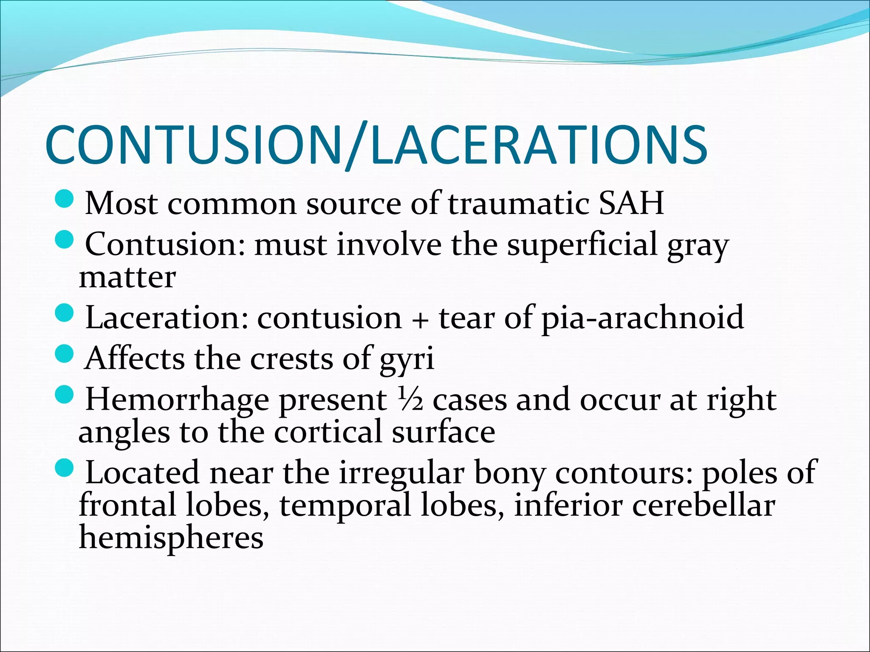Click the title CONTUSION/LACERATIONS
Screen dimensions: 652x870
click(x=376, y=145)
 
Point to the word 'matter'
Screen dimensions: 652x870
click(x=127, y=278)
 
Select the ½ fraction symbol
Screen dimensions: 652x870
click(x=410, y=399)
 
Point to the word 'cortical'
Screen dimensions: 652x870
click(x=328, y=432)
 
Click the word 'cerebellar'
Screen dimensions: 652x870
click(x=703, y=506)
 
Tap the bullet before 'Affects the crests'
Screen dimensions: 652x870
click(x=65, y=354)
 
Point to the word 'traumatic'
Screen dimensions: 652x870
click(x=518, y=204)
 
